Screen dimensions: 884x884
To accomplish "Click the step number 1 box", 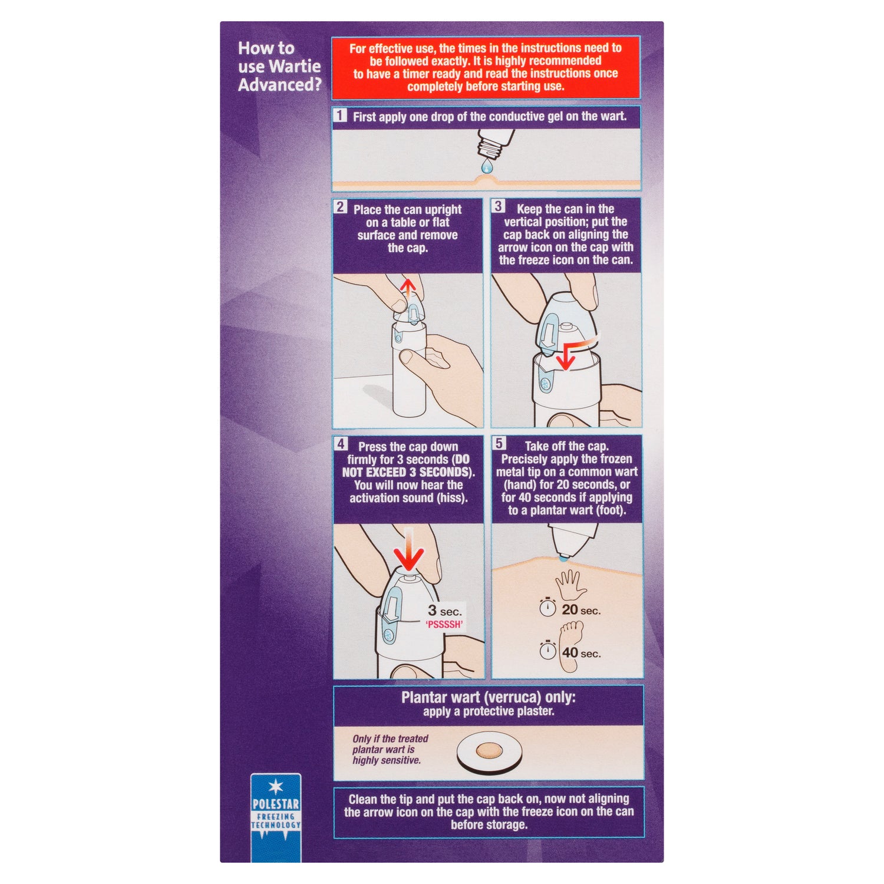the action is click(340, 115).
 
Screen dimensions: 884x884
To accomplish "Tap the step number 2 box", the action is click(341, 206).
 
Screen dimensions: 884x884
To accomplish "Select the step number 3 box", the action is click(499, 206).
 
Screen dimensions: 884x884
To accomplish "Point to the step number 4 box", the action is click(341, 443).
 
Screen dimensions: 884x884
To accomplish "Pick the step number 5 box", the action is click(499, 443).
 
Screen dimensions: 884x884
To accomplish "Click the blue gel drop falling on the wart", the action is click(486, 167).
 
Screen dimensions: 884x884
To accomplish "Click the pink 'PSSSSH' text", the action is click(444, 625).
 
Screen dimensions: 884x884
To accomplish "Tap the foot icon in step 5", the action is click(570, 646).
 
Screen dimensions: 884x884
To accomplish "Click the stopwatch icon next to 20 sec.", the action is click(548, 607).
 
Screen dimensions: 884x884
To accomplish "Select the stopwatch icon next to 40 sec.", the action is click(548, 649).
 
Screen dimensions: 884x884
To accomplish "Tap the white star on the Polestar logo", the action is click(276, 786).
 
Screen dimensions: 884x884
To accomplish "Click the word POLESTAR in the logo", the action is click(276, 804).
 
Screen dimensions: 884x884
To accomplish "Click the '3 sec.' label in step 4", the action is click(445, 611).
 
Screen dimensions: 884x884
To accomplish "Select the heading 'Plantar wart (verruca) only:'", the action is click(489, 697).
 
